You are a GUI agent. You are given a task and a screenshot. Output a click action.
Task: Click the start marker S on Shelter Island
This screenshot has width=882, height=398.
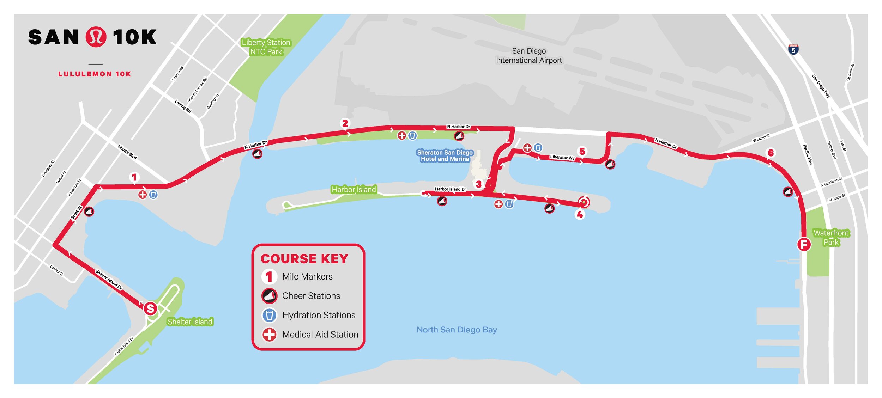(x=150, y=308)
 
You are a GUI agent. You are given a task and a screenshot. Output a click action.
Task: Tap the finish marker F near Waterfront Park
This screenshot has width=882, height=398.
(x=804, y=244)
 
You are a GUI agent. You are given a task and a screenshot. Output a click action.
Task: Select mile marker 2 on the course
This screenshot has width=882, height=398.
(x=345, y=123)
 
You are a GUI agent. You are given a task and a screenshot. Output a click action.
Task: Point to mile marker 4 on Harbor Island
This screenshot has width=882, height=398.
(x=580, y=214)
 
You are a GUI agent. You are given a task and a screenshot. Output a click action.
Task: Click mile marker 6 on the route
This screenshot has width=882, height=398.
(x=771, y=153)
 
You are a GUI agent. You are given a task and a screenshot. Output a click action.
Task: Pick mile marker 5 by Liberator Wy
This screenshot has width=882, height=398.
(x=582, y=151)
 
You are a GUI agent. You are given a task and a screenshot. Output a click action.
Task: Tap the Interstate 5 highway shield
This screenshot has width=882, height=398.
(x=793, y=50)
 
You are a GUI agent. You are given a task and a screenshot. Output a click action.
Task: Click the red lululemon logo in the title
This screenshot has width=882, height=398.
(x=96, y=37)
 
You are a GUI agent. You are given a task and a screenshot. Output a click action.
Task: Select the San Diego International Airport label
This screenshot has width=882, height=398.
(x=529, y=56)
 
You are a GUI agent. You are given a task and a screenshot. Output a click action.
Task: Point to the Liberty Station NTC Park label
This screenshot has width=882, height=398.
(x=266, y=47)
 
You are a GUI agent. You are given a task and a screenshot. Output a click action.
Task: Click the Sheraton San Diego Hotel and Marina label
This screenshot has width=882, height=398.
(x=445, y=155)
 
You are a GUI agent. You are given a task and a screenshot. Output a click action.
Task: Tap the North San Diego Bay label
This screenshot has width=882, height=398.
(x=457, y=330)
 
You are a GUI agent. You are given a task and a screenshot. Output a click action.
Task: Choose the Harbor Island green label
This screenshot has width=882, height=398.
(x=354, y=190)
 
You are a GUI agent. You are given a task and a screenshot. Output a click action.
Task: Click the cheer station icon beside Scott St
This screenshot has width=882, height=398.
(x=89, y=212)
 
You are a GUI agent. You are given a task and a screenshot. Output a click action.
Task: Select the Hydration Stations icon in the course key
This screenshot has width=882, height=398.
(x=269, y=315)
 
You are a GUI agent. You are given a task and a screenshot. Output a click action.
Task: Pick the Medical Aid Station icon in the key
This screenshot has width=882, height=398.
(x=269, y=335)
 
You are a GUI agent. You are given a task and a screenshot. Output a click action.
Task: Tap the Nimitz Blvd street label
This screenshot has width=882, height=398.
(x=127, y=152)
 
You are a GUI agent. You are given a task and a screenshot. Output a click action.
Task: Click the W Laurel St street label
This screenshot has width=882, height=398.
(x=761, y=138)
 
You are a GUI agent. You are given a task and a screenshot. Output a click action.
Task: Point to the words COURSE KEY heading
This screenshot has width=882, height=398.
(x=304, y=259)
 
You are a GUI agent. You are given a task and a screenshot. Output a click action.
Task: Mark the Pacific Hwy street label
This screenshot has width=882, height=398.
(x=808, y=155)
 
